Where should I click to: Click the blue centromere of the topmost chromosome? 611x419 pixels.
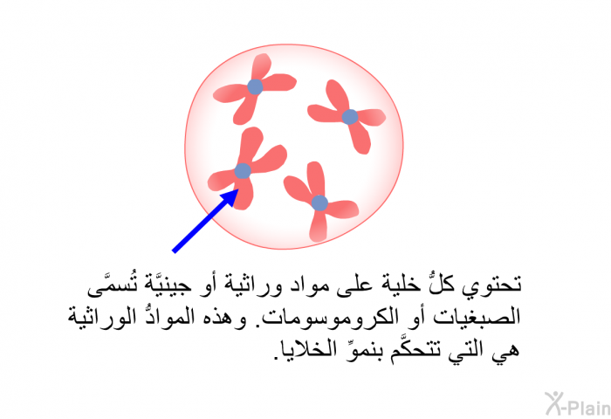click(255, 86)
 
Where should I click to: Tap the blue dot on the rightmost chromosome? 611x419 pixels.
click(349, 117)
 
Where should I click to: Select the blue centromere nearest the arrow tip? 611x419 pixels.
click(243, 171)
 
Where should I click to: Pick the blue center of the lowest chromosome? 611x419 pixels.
click(319, 203)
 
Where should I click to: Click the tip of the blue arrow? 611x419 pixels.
click(238, 189)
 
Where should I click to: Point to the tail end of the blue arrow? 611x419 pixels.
click(174, 251)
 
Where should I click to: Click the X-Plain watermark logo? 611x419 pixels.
click(578, 404)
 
